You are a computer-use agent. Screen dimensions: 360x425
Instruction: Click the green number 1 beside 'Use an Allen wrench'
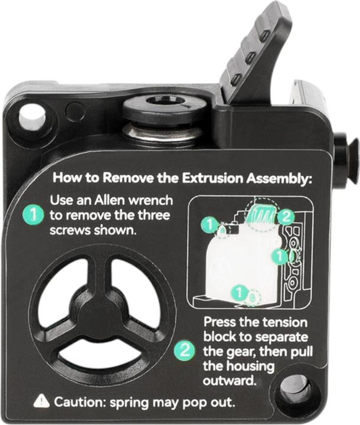click(x=33, y=215)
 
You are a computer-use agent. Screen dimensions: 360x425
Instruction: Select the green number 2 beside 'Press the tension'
click(x=185, y=350)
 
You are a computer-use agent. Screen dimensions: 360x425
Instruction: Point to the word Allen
click(x=110, y=201)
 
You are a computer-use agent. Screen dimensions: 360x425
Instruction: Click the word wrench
click(x=150, y=201)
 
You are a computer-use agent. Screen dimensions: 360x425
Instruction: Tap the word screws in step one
click(x=70, y=231)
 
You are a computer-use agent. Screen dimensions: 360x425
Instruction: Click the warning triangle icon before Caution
click(x=41, y=402)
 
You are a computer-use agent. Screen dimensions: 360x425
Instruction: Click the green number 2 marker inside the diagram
click(x=287, y=217)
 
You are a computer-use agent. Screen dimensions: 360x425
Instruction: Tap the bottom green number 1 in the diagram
click(x=240, y=293)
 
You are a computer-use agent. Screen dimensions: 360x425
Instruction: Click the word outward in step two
click(x=230, y=381)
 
